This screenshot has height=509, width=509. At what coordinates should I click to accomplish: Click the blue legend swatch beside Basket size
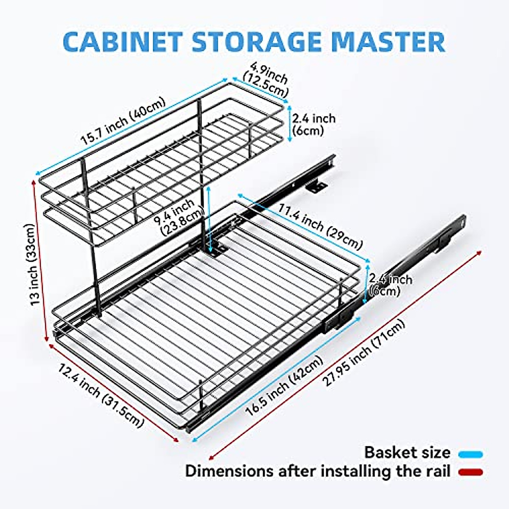(x=471, y=454)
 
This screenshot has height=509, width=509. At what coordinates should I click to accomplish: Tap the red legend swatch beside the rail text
(x=471, y=472)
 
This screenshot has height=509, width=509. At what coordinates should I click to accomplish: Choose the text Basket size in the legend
(x=407, y=453)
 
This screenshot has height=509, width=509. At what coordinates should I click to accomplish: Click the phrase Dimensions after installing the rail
(x=318, y=471)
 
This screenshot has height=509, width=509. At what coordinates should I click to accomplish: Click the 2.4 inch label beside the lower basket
(x=389, y=285)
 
